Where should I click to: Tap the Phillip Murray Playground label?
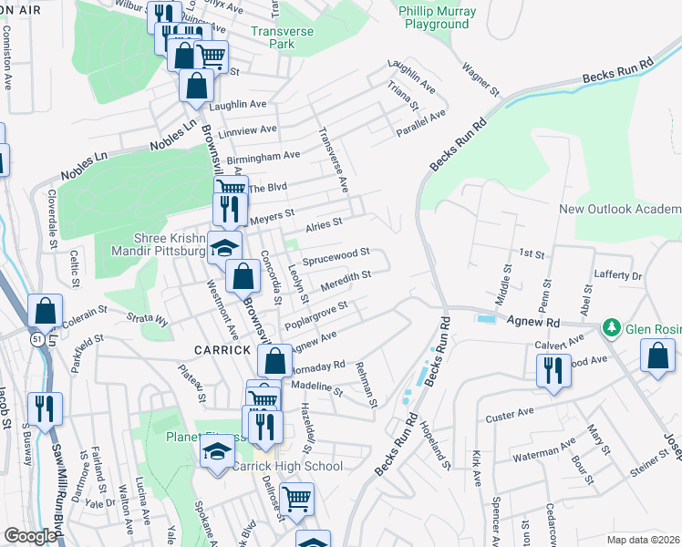tap(433, 17)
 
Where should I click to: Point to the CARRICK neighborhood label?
tap(222, 350)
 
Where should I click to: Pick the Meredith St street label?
tap(346, 277)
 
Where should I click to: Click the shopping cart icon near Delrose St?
tap(296, 500)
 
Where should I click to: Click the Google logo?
tap(30, 536)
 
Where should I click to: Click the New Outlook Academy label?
tap(620, 209)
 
